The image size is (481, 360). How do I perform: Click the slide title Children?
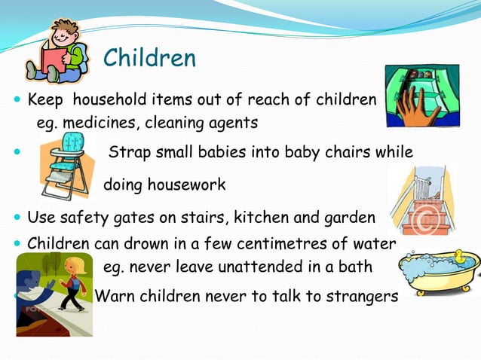[x=149, y=57]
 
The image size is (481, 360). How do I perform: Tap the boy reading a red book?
[x=56, y=53]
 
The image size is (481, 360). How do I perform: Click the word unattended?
[x=247, y=267]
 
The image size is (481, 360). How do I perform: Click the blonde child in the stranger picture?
[x=71, y=282]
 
